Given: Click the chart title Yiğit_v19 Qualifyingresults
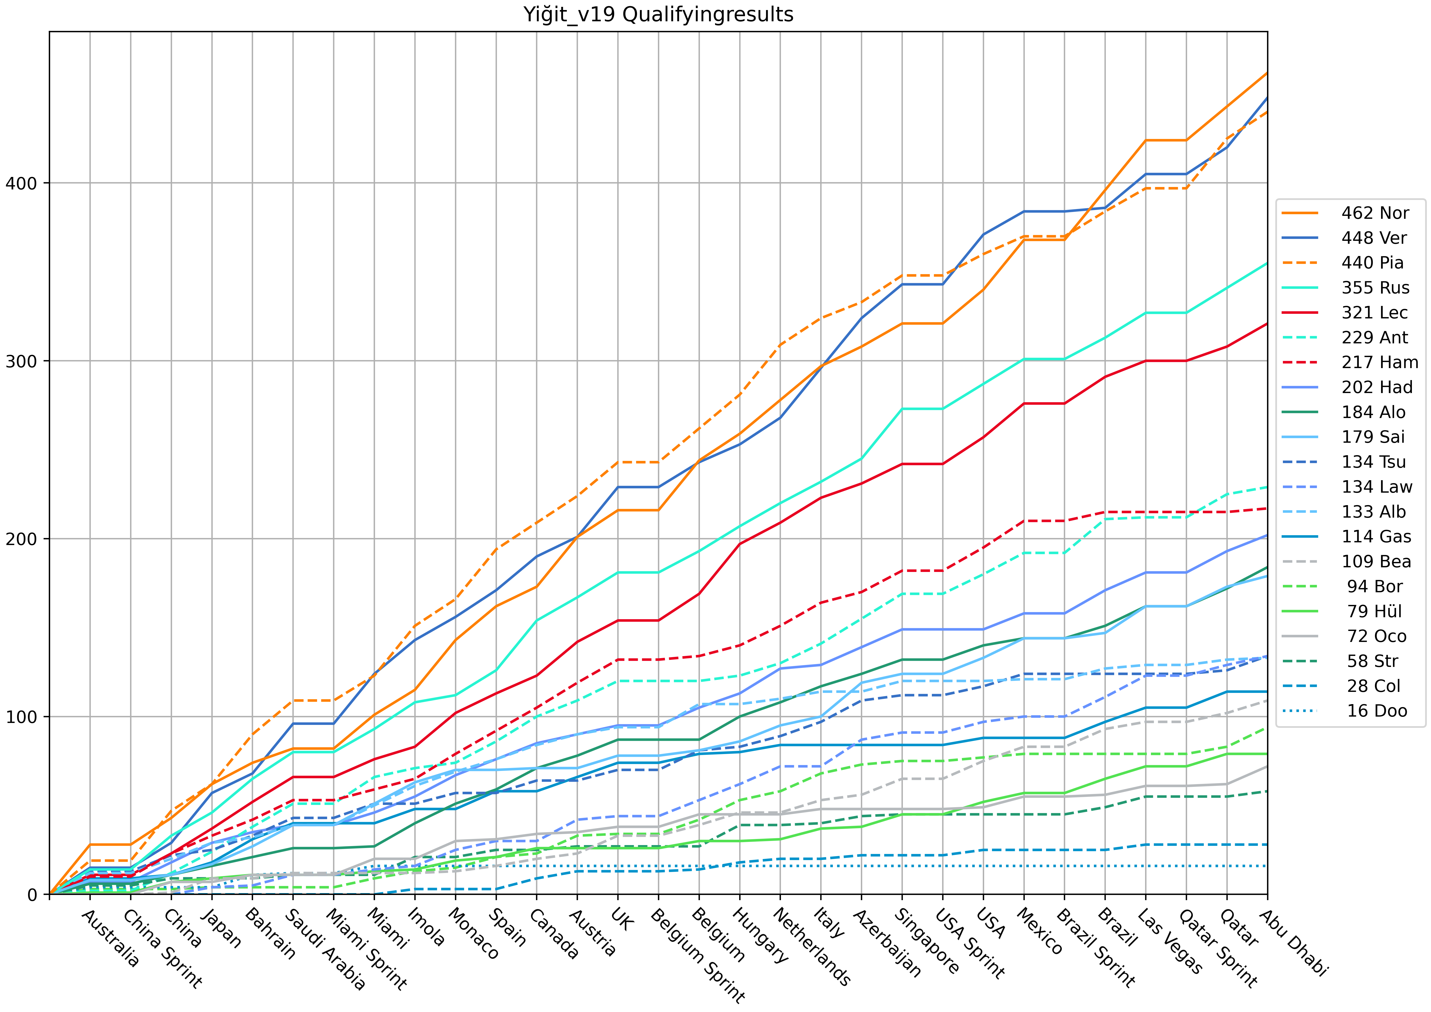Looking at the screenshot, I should (658, 14).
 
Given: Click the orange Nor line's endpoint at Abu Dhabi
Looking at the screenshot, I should (1267, 73).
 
